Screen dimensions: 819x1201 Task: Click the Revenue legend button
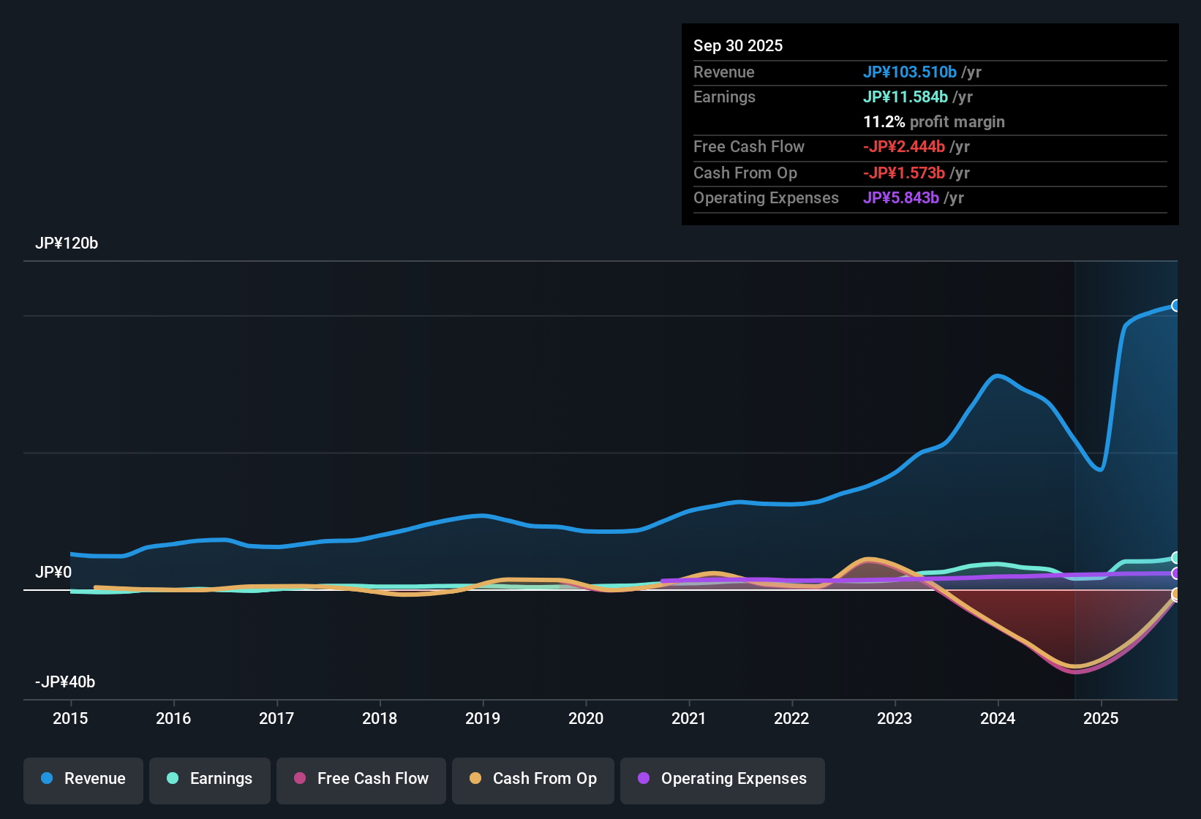point(83,779)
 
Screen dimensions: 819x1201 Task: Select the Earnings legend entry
point(210,779)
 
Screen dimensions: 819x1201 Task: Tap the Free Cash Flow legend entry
point(361,779)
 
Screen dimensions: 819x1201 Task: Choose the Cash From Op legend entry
point(533,779)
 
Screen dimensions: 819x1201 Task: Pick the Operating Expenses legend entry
point(723,779)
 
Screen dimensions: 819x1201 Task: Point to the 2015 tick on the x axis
point(70,718)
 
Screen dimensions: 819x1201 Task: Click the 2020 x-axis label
point(586,718)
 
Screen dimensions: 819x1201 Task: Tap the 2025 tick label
point(1101,718)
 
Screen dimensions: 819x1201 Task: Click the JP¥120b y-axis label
point(67,244)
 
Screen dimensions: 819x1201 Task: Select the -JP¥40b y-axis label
point(65,682)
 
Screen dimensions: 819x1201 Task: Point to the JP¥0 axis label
point(53,573)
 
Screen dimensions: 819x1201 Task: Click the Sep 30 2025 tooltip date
point(738,45)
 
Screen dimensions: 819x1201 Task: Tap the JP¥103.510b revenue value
point(910,72)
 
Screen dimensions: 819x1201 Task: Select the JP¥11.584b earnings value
point(906,97)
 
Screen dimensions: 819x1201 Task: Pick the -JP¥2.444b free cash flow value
point(904,147)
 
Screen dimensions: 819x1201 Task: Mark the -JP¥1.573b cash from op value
point(904,173)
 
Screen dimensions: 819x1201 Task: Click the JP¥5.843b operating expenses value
point(901,198)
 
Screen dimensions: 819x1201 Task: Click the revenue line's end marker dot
point(1175,306)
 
